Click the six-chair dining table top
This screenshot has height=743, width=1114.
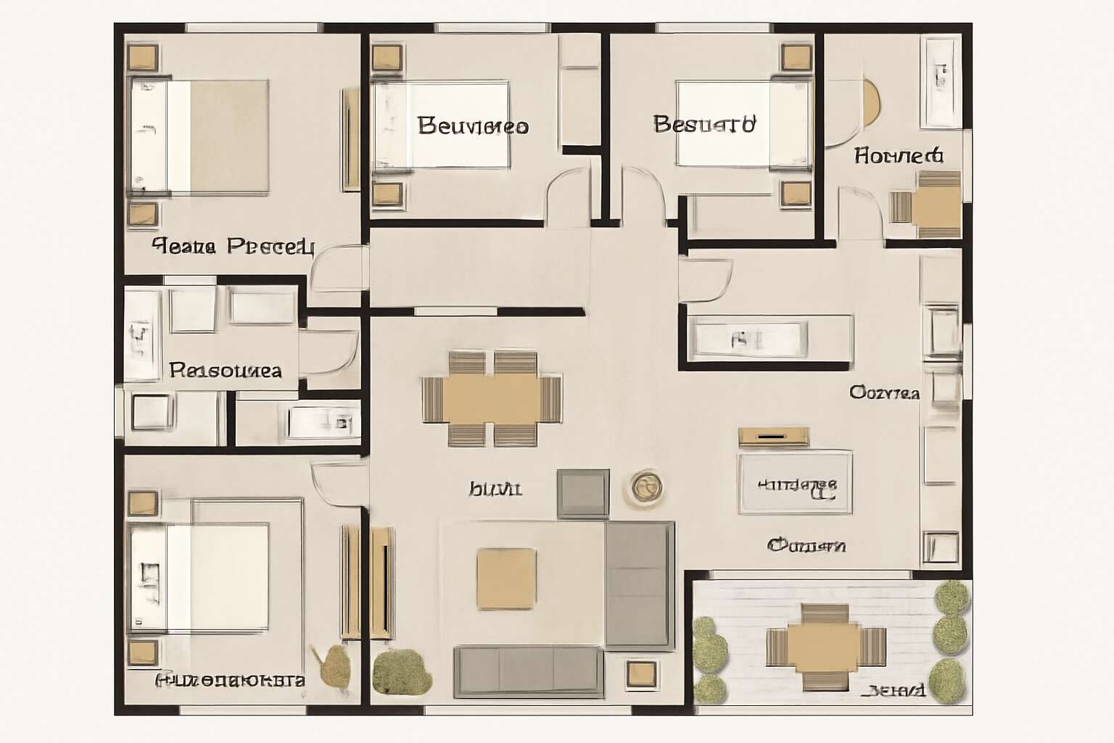[492, 398]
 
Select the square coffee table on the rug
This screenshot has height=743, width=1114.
[506, 578]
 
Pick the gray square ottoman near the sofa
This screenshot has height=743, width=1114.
[582, 494]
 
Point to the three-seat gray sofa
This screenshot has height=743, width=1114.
[528, 670]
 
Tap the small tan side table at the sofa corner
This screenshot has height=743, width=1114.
[641, 674]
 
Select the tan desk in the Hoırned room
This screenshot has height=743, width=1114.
[936, 206]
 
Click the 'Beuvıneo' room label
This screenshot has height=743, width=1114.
[473, 126]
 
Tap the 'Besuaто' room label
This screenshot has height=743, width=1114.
[704, 124]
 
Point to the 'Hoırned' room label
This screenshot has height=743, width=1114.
[898, 155]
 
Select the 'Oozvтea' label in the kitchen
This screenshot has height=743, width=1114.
[884, 393]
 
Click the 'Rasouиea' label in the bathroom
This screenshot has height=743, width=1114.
[225, 371]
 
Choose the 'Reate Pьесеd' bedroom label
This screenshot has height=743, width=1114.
[233, 247]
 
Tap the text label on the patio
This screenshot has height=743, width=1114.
[896, 690]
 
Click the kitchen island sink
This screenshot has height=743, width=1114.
[748, 338]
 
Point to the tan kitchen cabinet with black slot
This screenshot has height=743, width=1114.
[773, 436]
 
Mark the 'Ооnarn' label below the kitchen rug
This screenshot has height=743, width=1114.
[806, 545]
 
